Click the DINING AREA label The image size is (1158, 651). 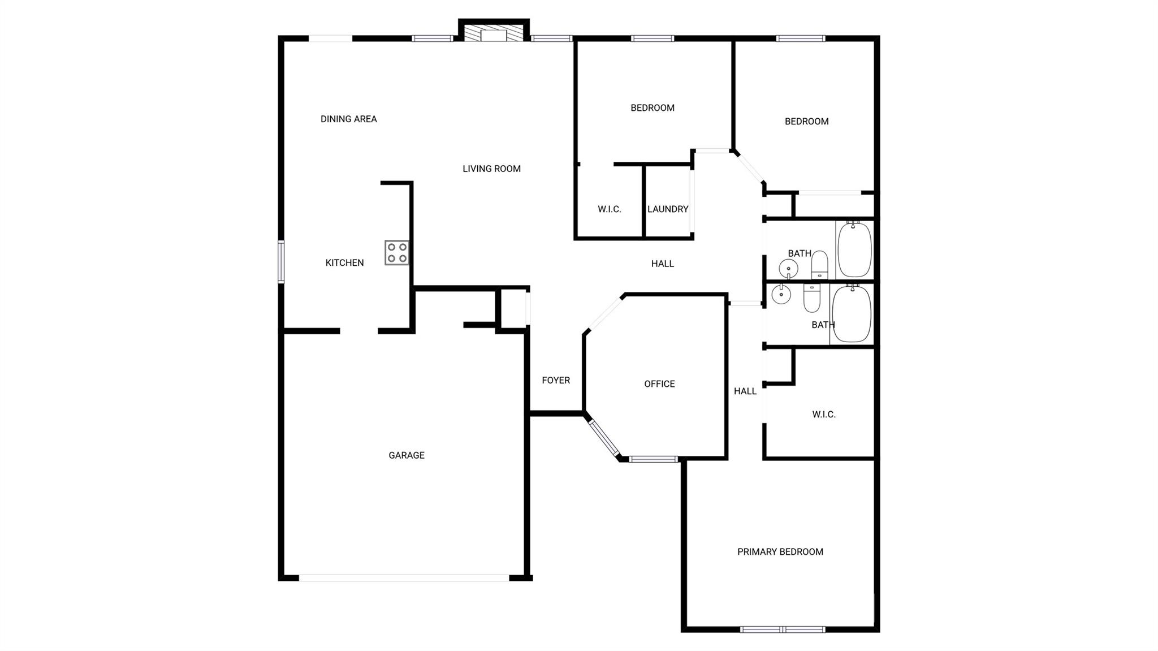pos(348,119)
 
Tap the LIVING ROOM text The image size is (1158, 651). pos(491,169)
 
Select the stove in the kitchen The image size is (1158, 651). pos(396,252)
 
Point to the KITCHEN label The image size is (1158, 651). pos(344,262)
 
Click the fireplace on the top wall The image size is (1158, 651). pos(494,33)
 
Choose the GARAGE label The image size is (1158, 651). pos(406,455)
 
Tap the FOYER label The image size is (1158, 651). pos(556,380)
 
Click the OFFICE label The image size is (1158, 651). pos(659,384)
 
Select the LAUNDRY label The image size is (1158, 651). pos(668,209)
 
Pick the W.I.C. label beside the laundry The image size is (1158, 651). pos(609,209)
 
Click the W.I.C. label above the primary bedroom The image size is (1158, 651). pos(823,415)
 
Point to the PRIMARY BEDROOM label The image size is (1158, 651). pos(780,551)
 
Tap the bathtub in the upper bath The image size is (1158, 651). pos(854,249)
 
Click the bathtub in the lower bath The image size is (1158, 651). pos(851,314)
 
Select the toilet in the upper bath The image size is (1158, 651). pos(819,265)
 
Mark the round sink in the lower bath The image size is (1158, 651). pos(781,295)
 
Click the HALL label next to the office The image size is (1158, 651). pos(745,391)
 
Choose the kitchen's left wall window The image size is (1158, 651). pos(281,261)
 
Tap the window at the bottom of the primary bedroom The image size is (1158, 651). pos(783,629)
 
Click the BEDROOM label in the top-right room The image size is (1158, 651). pos(806,121)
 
